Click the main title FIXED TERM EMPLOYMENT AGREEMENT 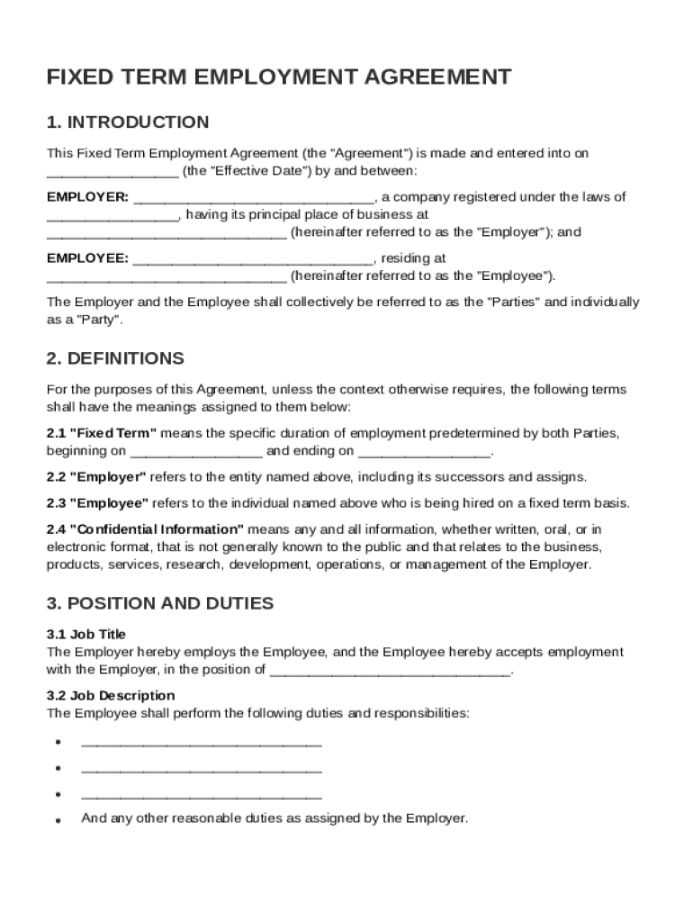279,77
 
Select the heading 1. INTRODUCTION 128,122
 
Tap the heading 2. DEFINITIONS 115,358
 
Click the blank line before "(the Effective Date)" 112,171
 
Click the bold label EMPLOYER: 87,197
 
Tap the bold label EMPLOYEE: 87,258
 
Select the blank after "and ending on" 424,451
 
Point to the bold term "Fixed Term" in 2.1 113,433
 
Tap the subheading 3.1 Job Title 86,634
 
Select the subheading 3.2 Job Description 111,695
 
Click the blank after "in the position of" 390,670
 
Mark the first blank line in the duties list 202,743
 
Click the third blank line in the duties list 202,795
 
